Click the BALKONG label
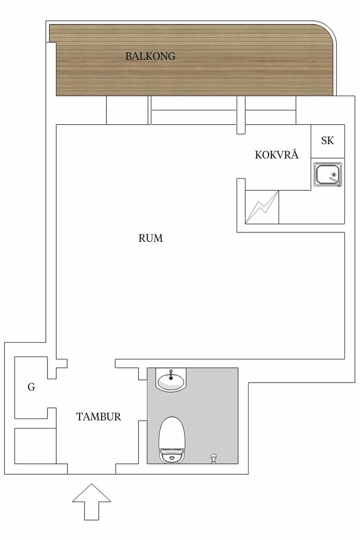(x=150, y=56)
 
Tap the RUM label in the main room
(x=150, y=238)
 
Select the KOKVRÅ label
(x=277, y=154)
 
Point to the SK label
(x=328, y=140)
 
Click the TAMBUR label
(x=99, y=417)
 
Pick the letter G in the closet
(x=31, y=387)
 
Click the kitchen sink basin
(x=328, y=175)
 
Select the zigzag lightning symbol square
(x=262, y=207)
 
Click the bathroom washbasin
(x=171, y=380)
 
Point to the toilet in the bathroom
(x=172, y=440)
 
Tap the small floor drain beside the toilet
(x=213, y=458)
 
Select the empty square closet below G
(x=36, y=446)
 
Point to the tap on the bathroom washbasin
(x=171, y=374)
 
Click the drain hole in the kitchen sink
(x=334, y=174)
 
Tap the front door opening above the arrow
(x=92, y=469)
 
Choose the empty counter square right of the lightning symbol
(x=312, y=207)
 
